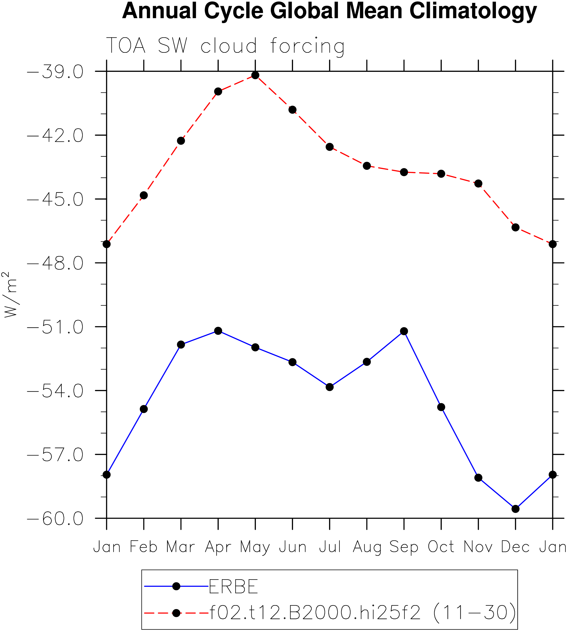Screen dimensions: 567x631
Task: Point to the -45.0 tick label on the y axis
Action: (x=55, y=199)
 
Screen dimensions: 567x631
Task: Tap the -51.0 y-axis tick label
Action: (x=55, y=328)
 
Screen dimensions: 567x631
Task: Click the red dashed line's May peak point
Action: (x=255, y=75)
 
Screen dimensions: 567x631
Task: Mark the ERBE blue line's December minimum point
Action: (x=516, y=509)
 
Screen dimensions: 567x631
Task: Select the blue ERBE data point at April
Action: (x=218, y=331)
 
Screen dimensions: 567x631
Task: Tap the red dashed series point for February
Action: (x=144, y=195)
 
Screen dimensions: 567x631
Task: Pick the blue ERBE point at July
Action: (x=330, y=387)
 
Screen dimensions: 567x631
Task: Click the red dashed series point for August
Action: (x=367, y=166)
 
